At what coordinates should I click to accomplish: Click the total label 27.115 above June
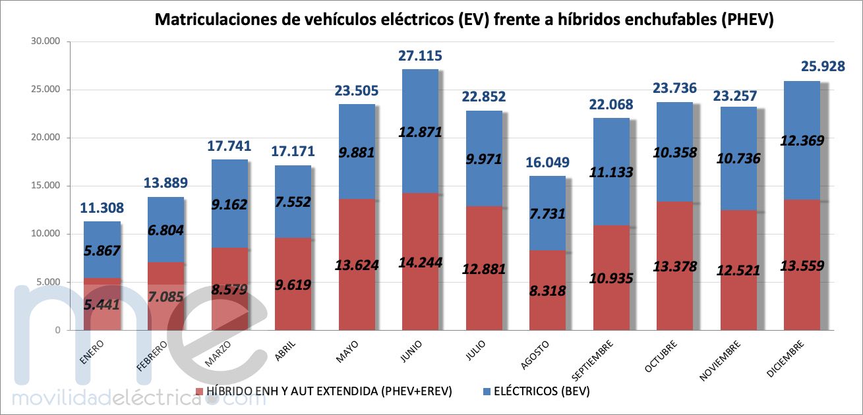[x=420, y=56]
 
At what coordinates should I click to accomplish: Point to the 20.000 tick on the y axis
[x=45, y=138]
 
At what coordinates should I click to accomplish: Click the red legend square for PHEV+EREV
[x=200, y=391]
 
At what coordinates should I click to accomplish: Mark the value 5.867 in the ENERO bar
[x=101, y=250]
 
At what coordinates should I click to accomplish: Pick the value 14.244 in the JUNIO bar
[x=420, y=262]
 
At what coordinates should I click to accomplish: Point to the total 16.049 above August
[x=547, y=163]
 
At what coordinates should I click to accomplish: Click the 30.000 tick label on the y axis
[x=45, y=41]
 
